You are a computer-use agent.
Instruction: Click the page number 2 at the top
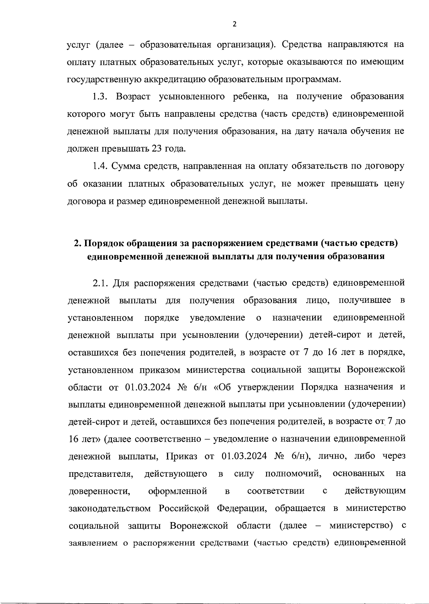pos(235,24)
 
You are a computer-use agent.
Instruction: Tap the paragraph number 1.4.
pos(100,166)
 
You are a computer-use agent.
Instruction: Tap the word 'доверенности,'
pos(99,491)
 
